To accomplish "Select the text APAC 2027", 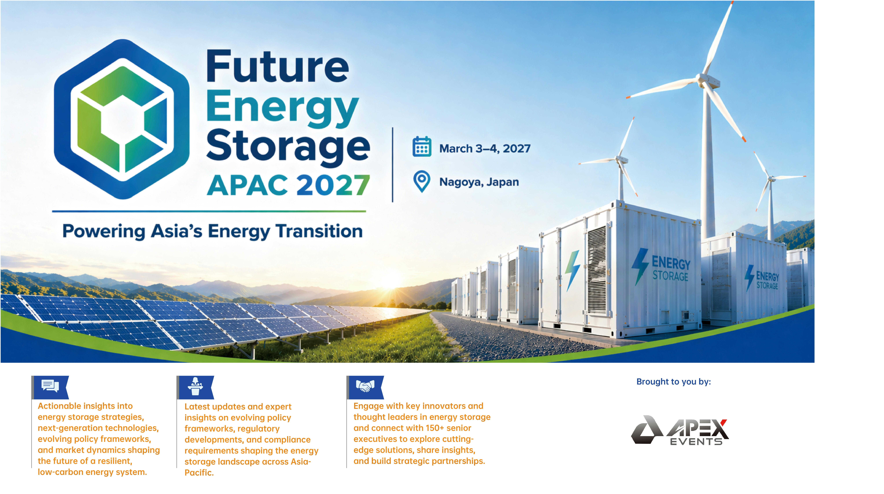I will click(x=288, y=185).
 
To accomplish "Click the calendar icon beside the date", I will click(x=422, y=147).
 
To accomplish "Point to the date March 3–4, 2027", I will click(x=485, y=149).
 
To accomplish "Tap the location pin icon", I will click(x=422, y=181).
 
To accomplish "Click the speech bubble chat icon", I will click(x=50, y=386).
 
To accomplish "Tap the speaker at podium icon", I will click(x=195, y=387).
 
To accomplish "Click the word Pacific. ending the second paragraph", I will click(x=199, y=473).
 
